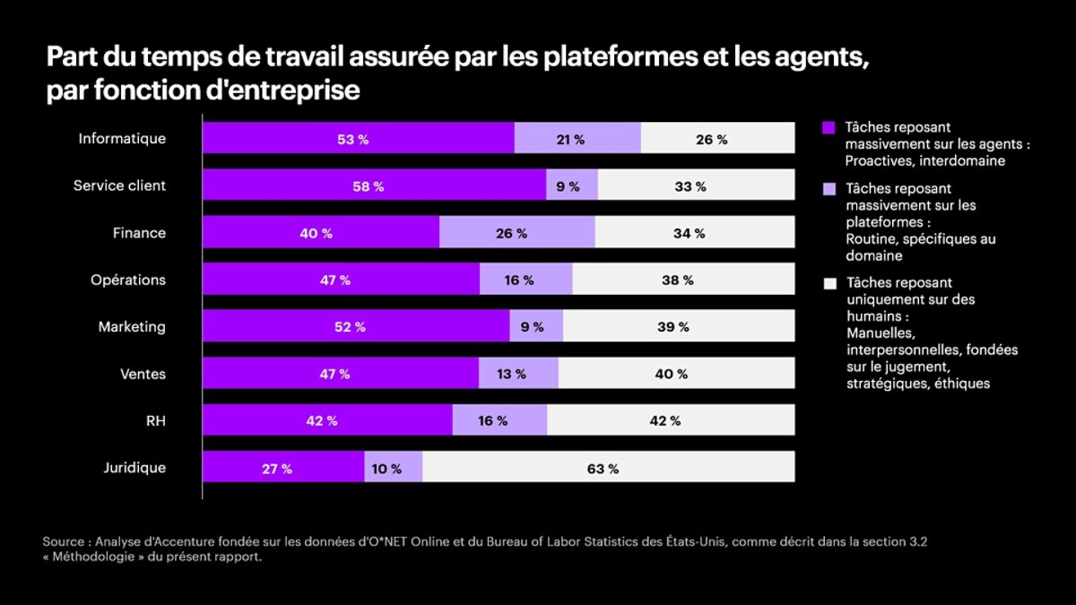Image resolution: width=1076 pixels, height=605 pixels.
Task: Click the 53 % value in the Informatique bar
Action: tap(351, 139)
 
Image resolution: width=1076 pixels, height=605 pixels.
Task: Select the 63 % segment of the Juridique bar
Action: tap(602, 468)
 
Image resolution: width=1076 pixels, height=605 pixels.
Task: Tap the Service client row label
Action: tap(119, 186)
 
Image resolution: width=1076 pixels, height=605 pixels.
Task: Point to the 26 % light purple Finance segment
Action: tap(510, 233)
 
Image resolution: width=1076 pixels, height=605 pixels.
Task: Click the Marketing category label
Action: tap(132, 327)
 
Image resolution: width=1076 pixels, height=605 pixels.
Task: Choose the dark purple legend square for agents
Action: tap(829, 127)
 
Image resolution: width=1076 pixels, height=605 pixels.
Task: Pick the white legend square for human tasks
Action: tap(829, 284)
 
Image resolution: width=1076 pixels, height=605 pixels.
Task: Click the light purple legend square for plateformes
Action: tap(829, 189)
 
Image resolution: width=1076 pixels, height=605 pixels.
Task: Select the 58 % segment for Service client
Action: tap(368, 186)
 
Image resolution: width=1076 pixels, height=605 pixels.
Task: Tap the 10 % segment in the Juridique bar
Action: tap(386, 468)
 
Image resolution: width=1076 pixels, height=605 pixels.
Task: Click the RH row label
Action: tap(155, 420)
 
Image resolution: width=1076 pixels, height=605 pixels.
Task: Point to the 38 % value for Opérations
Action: tap(677, 281)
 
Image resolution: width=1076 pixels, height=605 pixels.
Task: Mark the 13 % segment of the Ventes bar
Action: tap(511, 374)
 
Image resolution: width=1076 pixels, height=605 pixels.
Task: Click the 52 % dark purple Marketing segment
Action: tap(350, 327)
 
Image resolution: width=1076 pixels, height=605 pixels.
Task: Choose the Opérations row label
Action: tap(128, 280)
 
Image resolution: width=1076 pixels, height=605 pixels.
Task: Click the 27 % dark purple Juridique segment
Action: tap(276, 468)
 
